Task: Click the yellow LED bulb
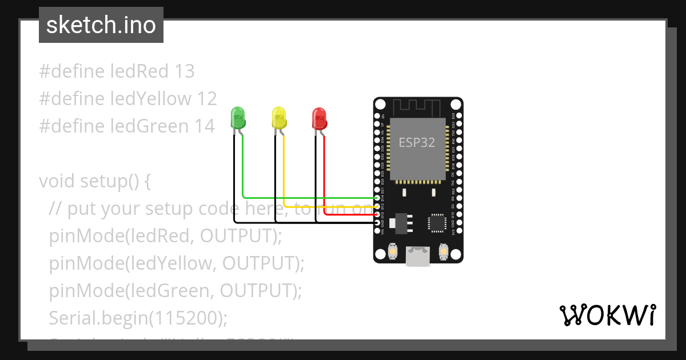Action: point(278,117)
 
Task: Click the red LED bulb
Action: point(319,117)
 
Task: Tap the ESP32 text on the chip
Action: point(417,143)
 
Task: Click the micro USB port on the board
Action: point(418,257)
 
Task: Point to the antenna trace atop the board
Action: point(417,107)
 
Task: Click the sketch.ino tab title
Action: point(101,26)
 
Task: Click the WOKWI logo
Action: point(607,315)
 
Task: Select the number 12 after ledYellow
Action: point(206,99)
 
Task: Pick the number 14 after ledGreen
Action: point(204,126)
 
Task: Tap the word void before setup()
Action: point(57,181)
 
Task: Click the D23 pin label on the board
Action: point(453,115)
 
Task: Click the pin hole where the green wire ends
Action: point(377,198)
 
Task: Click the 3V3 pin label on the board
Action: point(453,232)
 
